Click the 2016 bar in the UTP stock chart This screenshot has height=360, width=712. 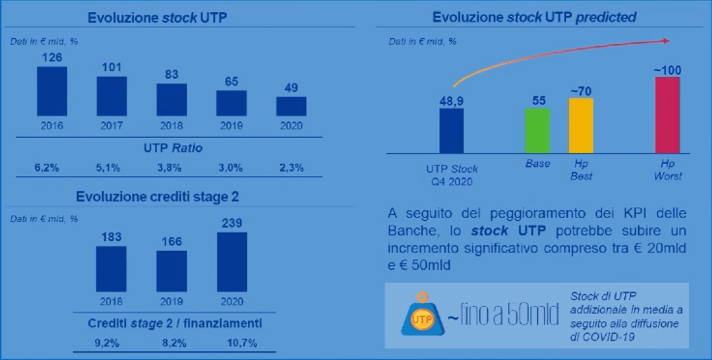tap(52, 91)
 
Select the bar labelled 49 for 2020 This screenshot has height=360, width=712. tap(291, 106)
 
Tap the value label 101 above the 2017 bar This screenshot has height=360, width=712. tap(112, 68)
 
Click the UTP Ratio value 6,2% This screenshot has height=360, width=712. tap(47, 168)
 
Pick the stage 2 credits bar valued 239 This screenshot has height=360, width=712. tap(232, 262)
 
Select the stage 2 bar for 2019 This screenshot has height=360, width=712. tap(171, 270)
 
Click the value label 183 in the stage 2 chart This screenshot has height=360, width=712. tap(112, 237)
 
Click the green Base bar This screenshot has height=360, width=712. tap(537, 130)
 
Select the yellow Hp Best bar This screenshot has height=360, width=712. tap(581, 126)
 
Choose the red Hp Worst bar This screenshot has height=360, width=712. tap(667, 114)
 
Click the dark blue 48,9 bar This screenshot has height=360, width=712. tap(451, 130)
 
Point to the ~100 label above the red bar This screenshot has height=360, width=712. tap(667, 70)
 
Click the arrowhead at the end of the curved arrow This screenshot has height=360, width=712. tap(666, 41)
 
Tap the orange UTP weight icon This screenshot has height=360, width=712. tap(422, 315)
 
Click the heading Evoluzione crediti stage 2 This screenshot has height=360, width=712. tap(157, 197)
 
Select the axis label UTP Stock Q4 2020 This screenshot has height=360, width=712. tap(452, 175)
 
